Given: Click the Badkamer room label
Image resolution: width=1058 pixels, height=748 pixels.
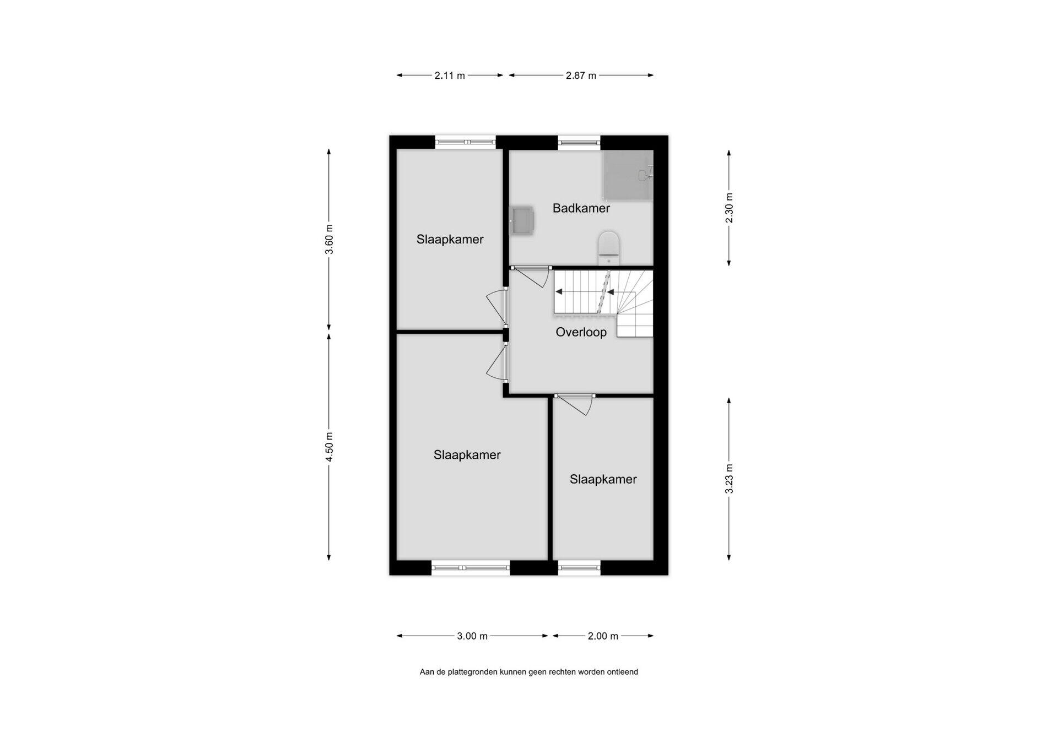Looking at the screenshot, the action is pos(581,208).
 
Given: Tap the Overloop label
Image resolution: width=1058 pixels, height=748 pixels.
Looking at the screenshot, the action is pos(581,332).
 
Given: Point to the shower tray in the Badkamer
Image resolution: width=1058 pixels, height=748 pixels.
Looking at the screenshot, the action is pos(628,175).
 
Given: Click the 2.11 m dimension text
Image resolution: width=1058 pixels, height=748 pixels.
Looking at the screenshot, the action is pos(450,75).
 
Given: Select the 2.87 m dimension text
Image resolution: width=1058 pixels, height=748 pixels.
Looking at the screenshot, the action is pos(581,75).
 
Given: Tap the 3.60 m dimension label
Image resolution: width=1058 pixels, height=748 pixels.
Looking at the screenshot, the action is pos(330,240).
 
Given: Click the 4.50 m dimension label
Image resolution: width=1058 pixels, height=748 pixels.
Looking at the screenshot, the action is pos(330,447).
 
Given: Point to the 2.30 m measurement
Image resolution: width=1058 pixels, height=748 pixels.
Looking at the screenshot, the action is pos(729,208).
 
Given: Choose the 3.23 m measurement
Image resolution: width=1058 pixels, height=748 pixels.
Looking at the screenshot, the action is pos(729,479).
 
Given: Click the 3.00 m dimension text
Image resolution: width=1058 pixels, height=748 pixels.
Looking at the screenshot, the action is pos(472,636).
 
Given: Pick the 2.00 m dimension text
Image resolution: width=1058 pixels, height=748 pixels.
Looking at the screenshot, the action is pos(603,636).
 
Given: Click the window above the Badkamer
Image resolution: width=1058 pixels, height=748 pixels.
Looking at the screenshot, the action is pos(579,143).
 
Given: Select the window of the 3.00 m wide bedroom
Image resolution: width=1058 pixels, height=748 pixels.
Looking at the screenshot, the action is pos(471,568).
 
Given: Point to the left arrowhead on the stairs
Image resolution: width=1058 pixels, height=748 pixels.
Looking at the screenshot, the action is pos(559,291).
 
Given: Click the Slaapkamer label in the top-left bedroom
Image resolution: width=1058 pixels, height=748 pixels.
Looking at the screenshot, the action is pos(450,240).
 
